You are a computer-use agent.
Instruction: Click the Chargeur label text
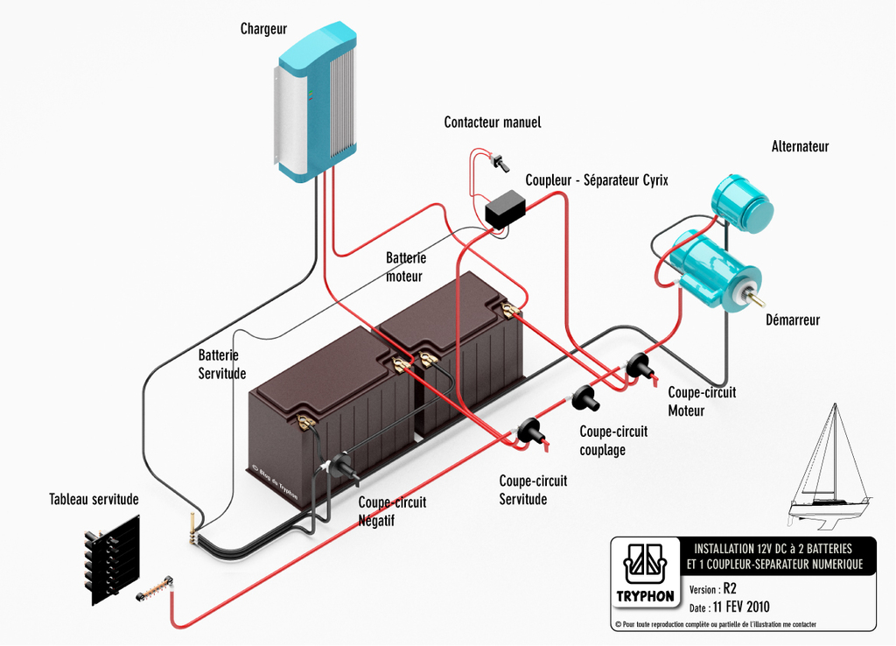[x=264, y=30]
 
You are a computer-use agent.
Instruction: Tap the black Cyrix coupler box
[x=505, y=210]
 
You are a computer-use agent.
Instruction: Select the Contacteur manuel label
[x=493, y=123]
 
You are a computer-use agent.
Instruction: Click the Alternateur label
[x=800, y=147]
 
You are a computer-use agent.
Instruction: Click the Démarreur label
[x=793, y=320]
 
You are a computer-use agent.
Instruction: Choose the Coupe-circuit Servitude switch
[x=530, y=432]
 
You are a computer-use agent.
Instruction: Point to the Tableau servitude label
[x=94, y=500]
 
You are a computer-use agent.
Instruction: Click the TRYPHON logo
[x=646, y=574]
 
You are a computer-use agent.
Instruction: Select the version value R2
[x=730, y=589]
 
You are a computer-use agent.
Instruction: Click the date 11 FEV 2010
[x=741, y=607]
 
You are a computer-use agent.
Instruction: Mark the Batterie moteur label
[x=405, y=267]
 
